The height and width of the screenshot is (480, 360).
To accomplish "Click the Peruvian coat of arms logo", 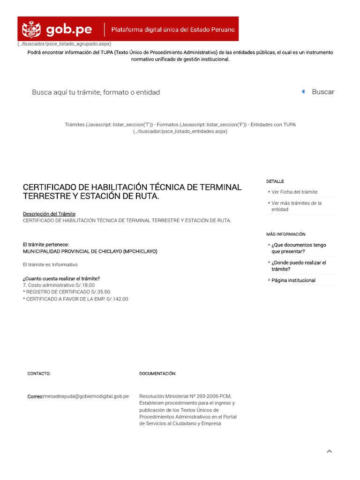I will pyautogui.click(x=32, y=30).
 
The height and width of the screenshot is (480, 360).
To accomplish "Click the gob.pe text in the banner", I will pyautogui.click(x=69, y=30).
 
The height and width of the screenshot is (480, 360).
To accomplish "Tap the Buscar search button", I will pyautogui.click(x=323, y=92).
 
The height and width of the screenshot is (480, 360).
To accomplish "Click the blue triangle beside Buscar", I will pyautogui.click(x=303, y=92).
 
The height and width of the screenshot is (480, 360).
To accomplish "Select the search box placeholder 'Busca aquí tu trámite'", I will pyautogui.click(x=96, y=92).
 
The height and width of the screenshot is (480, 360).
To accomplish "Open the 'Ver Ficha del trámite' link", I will pyautogui.click(x=294, y=192).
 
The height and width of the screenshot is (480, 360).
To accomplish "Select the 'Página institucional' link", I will pyautogui.click(x=293, y=280).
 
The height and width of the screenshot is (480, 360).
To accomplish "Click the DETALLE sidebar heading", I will pyautogui.click(x=275, y=181).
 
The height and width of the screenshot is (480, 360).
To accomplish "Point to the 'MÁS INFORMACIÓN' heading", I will pyautogui.click(x=286, y=234).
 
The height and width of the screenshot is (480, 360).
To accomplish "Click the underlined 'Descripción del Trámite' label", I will pyautogui.click(x=49, y=214).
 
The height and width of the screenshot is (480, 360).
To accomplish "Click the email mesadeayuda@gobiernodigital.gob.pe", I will pyautogui.click(x=86, y=396).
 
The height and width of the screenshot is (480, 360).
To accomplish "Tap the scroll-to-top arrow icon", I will pyautogui.click(x=329, y=451).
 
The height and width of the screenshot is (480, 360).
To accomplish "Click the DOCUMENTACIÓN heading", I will pyautogui.click(x=157, y=374).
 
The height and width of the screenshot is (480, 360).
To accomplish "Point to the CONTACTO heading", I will pyautogui.click(x=39, y=374).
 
